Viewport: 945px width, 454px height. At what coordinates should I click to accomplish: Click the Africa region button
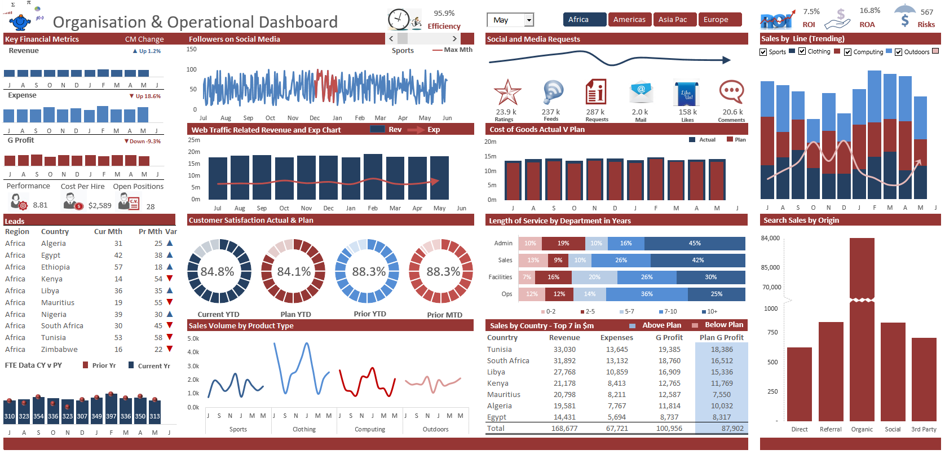point(584,20)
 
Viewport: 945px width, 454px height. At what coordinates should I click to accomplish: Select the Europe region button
point(719,20)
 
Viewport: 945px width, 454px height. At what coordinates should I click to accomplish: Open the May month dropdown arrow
point(529,20)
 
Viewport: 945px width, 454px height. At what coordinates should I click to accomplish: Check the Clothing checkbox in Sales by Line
point(802,51)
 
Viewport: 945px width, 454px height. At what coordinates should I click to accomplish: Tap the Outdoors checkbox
point(898,52)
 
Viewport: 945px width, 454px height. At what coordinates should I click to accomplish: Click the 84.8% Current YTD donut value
point(218,272)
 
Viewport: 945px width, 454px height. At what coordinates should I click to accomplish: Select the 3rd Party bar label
point(924,429)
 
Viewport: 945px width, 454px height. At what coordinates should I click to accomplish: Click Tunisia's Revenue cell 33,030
point(564,350)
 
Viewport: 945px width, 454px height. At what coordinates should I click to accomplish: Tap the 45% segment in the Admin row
point(694,244)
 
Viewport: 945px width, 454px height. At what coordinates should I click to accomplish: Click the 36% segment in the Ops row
point(647,294)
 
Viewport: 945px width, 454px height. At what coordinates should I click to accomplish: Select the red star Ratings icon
point(507,92)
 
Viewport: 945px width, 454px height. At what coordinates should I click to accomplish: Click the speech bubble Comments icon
point(731,92)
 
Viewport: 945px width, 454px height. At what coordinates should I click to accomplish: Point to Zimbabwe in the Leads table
point(59,350)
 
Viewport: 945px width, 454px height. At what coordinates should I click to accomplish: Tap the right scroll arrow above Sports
point(454,39)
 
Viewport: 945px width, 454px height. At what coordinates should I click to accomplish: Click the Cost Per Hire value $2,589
point(100,206)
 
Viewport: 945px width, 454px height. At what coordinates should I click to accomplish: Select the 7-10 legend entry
point(670,311)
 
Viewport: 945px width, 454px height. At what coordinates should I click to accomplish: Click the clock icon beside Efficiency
point(399,19)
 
